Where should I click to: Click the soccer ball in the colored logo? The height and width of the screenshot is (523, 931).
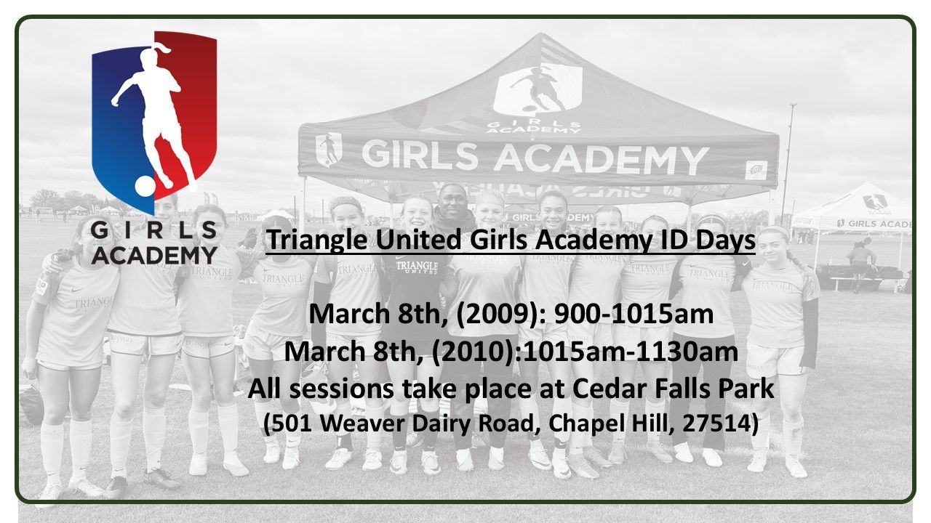click(145, 185)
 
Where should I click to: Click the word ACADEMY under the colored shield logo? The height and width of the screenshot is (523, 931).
click(154, 255)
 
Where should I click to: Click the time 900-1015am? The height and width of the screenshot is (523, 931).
click(634, 315)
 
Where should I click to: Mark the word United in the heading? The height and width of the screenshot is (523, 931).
click(408, 240)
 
